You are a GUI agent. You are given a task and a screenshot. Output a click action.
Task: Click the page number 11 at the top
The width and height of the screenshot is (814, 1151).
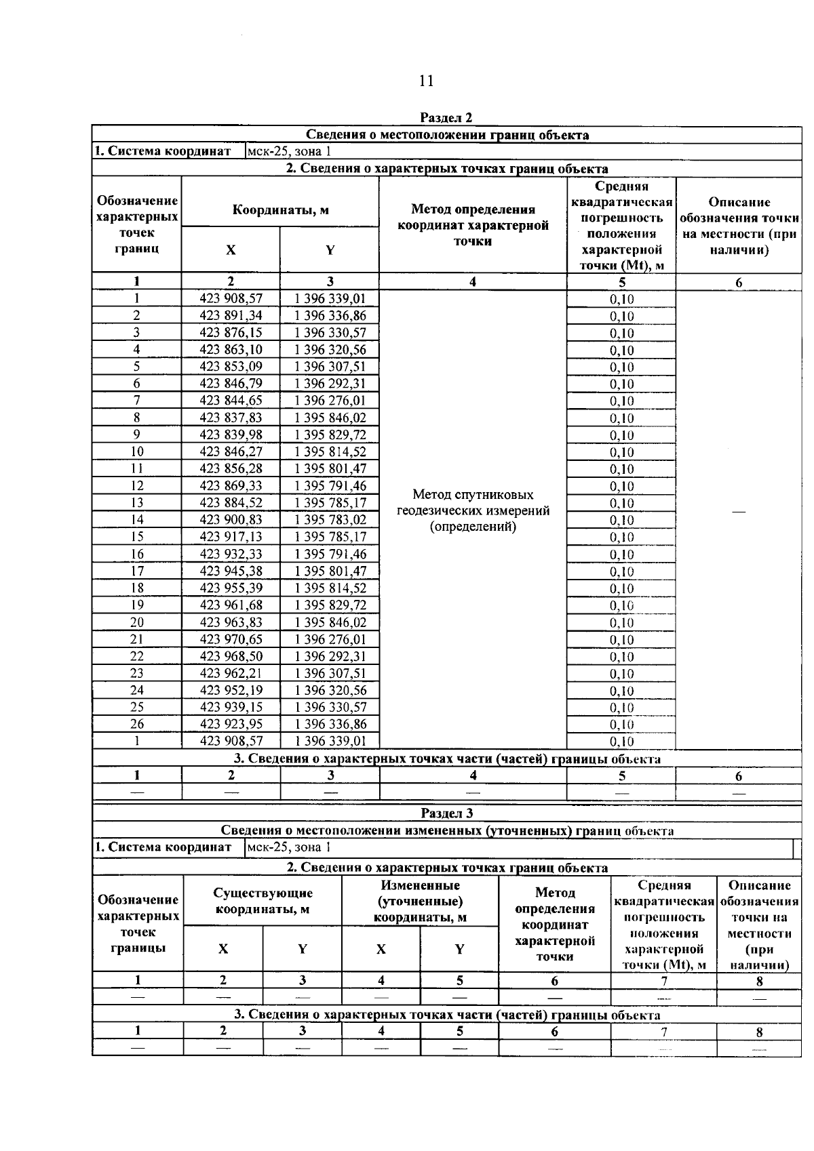pyautogui.click(x=426, y=81)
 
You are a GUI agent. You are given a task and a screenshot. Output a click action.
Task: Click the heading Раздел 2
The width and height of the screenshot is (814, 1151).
pyautogui.click(x=446, y=118)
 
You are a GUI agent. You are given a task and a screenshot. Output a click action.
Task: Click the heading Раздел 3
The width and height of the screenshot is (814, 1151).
pyautogui.click(x=446, y=813)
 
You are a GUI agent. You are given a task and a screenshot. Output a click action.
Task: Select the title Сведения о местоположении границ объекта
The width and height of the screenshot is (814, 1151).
pyautogui.click(x=446, y=135)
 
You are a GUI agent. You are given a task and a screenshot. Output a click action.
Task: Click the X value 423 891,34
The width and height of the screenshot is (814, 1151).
pyautogui.click(x=231, y=316)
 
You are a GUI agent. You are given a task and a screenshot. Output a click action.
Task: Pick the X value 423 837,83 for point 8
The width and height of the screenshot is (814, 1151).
pyautogui.click(x=231, y=418)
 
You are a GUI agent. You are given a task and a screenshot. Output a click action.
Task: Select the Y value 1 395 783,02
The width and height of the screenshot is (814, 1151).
pyautogui.click(x=330, y=520)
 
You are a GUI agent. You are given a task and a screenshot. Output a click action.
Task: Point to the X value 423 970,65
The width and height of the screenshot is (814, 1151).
pyautogui.click(x=231, y=639)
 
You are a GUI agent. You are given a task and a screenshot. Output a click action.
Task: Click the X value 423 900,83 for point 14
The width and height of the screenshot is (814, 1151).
pyautogui.click(x=231, y=520)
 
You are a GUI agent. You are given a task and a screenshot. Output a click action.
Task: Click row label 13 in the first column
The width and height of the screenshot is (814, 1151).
pyautogui.click(x=137, y=503)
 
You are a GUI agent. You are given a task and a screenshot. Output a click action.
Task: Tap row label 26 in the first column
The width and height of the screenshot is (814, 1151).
pyautogui.click(x=137, y=724)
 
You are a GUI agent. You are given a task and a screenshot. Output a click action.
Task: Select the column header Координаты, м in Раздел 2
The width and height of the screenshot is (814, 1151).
pyautogui.click(x=280, y=210)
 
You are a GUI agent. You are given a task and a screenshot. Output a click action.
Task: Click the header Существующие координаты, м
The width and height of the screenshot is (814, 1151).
pyautogui.click(x=263, y=901)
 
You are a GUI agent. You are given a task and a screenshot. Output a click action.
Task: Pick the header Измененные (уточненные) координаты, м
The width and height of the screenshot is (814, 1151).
pyautogui.click(x=420, y=901)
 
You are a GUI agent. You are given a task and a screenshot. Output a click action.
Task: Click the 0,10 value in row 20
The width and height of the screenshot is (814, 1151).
pyautogui.click(x=621, y=622)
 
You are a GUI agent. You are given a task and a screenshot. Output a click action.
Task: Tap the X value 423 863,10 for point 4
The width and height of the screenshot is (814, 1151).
pyautogui.click(x=231, y=350)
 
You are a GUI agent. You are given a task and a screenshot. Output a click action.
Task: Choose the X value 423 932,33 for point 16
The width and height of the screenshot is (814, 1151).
pyautogui.click(x=231, y=554)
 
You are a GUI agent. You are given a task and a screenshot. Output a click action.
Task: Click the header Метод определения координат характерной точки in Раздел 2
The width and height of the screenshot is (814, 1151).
pyautogui.click(x=473, y=225)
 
